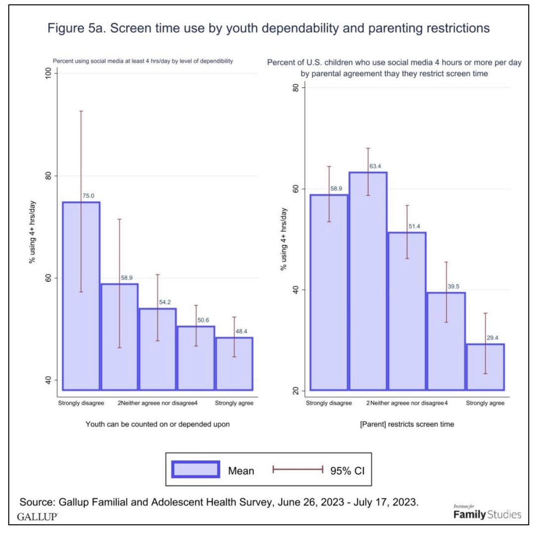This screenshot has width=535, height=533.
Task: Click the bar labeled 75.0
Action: click(81, 296)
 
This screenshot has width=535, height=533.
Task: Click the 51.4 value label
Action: click(414, 226)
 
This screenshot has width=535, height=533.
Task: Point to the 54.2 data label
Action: click(165, 302)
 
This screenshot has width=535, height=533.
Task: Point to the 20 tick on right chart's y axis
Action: click(296, 391)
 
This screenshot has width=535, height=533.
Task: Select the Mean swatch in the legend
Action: click(195, 469)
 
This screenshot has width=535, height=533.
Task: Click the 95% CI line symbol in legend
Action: click(298, 470)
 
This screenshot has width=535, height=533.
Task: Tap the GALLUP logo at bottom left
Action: click(37, 517)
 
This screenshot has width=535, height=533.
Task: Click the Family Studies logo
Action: click(487, 514)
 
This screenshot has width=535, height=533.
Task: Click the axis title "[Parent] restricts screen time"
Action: click(407, 424)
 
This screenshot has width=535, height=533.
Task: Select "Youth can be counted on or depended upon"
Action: click(157, 424)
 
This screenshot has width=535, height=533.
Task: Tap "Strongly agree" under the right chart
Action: click(485, 403)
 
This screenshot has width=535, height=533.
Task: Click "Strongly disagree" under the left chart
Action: click(81, 403)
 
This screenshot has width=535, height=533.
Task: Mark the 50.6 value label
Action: click(203, 320)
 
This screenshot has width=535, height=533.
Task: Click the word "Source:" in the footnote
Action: click(37, 502)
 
